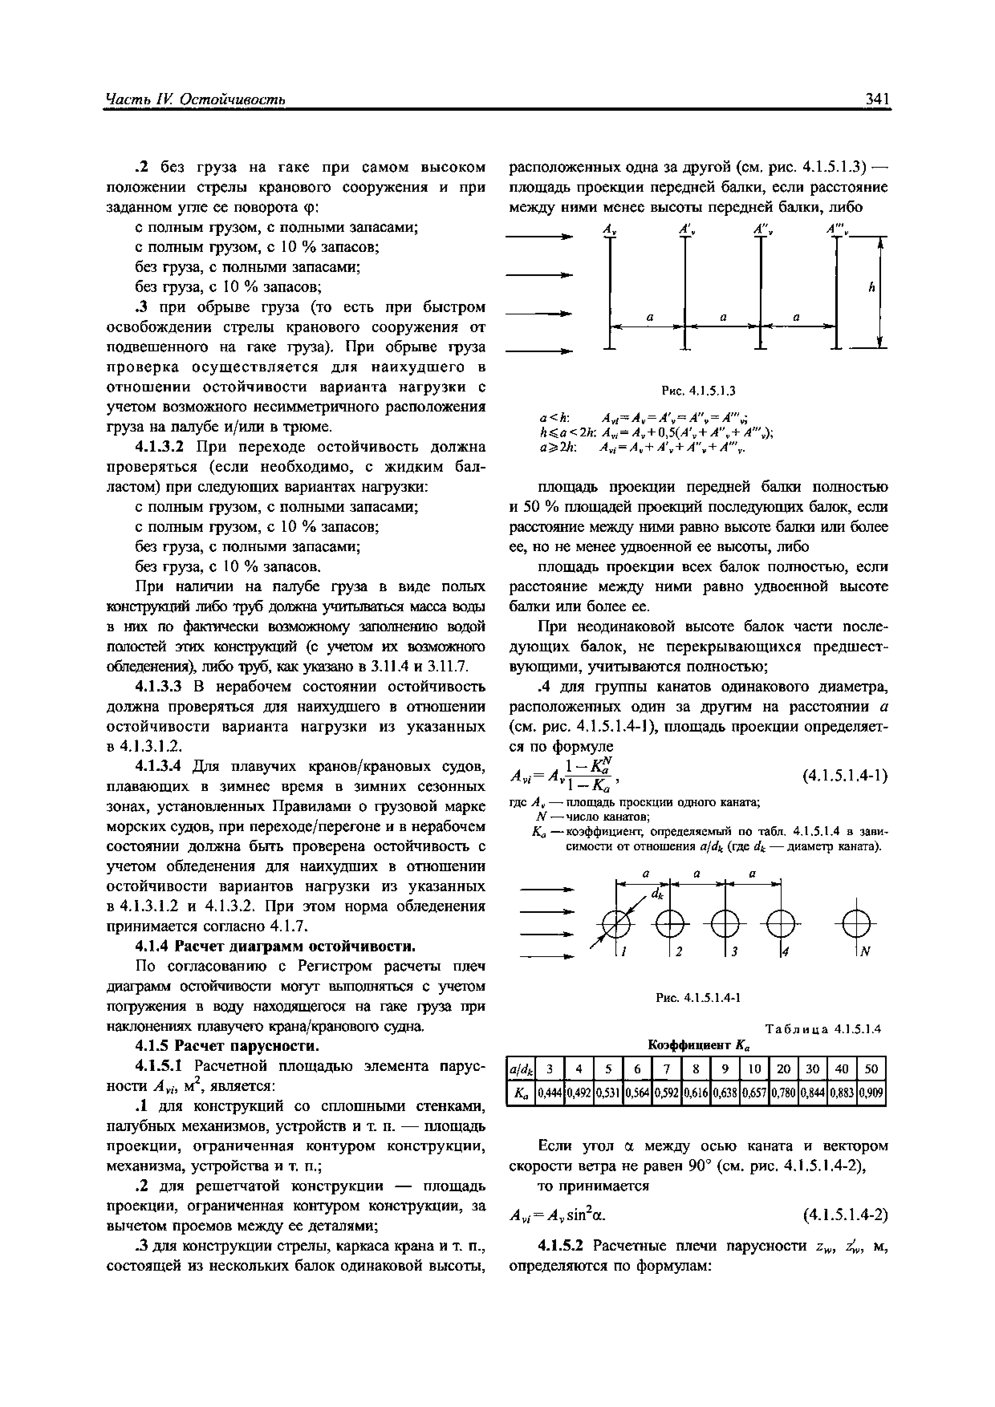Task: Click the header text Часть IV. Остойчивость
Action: click(195, 99)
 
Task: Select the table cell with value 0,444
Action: click(550, 1093)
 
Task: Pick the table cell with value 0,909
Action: click(871, 1093)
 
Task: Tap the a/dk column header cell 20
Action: click(784, 1069)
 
